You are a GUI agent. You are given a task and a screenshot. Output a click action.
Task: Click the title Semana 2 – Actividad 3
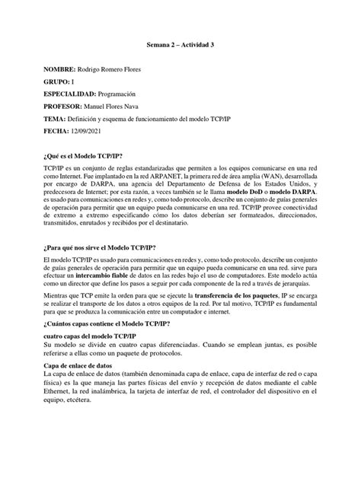pyautogui.click(x=180, y=46)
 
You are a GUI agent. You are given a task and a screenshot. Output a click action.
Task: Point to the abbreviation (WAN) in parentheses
pyautogui.click(x=254, y=175)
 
